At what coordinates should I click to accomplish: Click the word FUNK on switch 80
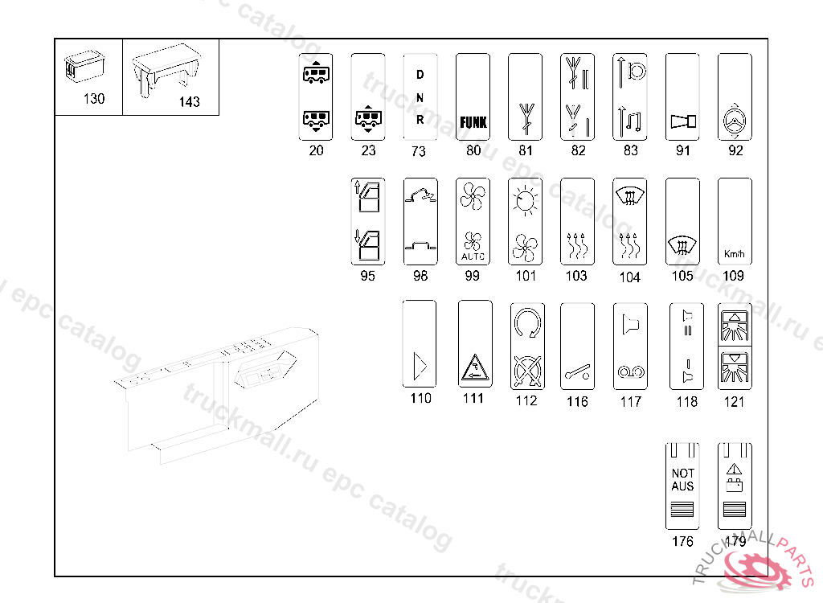(x=473, y=123)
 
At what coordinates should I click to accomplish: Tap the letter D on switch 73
(x=420, y=75)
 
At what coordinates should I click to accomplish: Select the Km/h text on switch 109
(x=734, y=254)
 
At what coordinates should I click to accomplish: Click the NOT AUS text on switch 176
(x=682, y=480)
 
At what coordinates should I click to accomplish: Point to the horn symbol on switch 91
(x=682, y=122)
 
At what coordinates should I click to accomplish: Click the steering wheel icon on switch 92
(x=734, y=120)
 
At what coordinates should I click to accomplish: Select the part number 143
(x=190, y=102)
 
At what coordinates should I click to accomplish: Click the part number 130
(x=94, y=100)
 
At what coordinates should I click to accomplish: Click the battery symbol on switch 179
(x=734, y=486)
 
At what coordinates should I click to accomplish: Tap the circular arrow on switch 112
(x=526, y=324)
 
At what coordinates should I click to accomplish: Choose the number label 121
(x=734, y=402)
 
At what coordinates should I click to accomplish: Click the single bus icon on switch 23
(x=367, y=119)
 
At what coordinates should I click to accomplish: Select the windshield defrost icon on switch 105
(x=682, y=245)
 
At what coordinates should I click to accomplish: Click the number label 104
(x=630, y=277)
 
